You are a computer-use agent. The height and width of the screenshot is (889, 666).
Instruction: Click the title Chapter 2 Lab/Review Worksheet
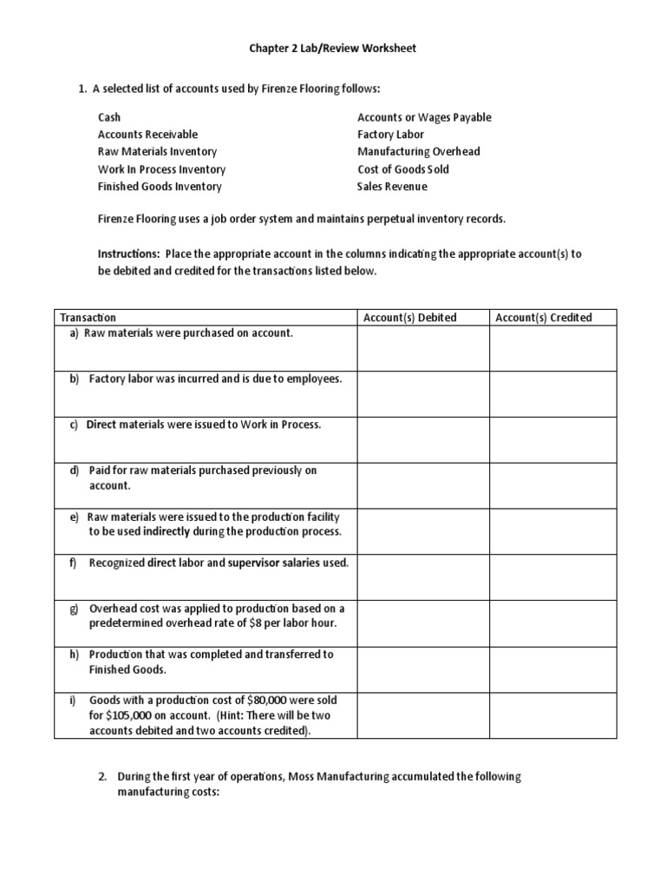coord(333,49)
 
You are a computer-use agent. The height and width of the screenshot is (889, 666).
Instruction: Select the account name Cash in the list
coord(109,117)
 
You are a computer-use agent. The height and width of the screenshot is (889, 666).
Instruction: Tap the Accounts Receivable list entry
coord(147,135)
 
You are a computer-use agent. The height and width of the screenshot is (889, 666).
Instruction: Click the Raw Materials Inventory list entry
coord(157,152)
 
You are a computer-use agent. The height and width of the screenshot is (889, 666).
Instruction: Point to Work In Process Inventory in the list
coord(161,169)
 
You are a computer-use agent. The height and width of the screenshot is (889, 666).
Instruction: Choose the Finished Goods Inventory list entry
coord(160,187)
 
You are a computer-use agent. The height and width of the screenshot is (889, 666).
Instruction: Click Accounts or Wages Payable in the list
coord(424,117)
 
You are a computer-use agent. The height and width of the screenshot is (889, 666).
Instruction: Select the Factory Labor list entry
coord(390,135)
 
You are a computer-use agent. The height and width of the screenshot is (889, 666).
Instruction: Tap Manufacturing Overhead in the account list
coord(418,152)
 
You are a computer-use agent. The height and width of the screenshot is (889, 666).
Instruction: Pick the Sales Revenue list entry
coord(392,187)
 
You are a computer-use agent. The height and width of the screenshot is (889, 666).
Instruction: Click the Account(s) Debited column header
coord(409,318)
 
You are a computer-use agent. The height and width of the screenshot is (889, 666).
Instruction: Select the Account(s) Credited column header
coord(543,318)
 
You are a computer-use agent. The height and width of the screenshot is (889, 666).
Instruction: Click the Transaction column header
coord(88,318)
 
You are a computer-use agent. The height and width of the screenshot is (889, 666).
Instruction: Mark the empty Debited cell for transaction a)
coord(422,348)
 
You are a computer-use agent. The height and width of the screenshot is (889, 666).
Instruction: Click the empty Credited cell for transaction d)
coord(553,485)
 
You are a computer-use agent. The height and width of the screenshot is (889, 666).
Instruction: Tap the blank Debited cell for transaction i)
coord(422,714)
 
